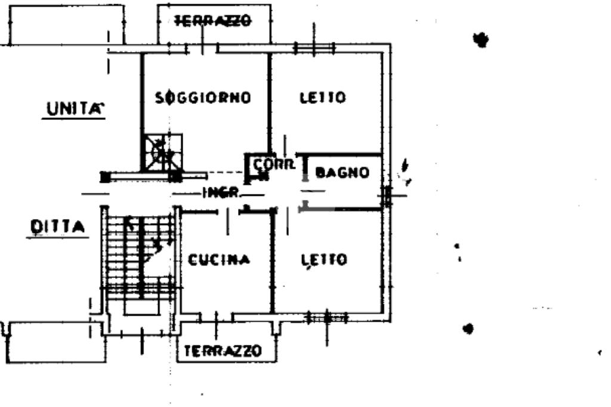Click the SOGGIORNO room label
click(202, 97)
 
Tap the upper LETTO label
click(323, 97)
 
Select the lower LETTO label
click(324, 260)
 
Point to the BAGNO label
click(342, 173)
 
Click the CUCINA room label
click(219, 260)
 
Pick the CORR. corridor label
click(274, 164)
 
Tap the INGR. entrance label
click(221, 193)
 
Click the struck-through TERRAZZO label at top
click(212, 21)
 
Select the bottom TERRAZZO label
click(223, 350)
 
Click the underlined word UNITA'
click(73, 109)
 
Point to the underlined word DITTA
click(57, 227)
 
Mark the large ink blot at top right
click(480, 40)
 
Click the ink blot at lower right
click(468, 328)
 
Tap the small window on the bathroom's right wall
click(387, 195)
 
